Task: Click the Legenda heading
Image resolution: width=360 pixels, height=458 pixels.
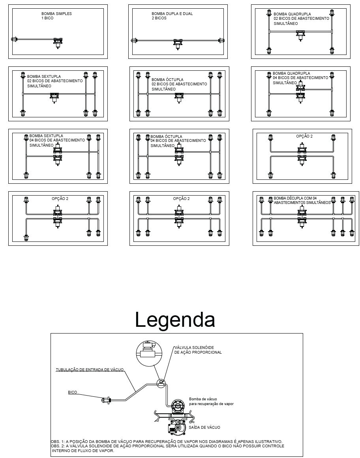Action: (175, 320)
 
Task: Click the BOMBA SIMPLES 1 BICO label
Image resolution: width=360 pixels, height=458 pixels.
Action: (56, 16)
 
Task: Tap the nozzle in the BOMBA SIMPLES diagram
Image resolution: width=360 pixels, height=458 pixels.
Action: (14, 39)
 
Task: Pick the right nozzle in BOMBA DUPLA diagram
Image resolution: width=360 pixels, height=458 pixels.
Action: (221, 40)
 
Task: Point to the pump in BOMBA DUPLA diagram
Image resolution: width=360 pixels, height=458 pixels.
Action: (178, 44)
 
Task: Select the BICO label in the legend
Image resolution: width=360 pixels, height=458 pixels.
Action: (72, 392)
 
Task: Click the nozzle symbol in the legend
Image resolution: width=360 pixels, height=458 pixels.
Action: (106, 400)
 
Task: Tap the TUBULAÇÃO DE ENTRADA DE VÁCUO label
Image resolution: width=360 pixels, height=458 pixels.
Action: (90, 370)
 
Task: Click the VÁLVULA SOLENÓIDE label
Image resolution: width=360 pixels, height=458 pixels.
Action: (198, 350)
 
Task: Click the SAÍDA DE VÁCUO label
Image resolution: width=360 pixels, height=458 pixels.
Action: (204, 427)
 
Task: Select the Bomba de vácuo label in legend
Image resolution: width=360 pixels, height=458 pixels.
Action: (211, 401)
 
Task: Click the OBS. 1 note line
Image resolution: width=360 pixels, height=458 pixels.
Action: (167, 442)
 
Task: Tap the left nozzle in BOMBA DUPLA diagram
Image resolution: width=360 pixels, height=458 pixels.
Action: (134, 40)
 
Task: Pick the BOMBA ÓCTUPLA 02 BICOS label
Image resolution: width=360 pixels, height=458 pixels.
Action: (179, 84)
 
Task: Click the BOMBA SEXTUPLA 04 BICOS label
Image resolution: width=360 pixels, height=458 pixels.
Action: (57, 141)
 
